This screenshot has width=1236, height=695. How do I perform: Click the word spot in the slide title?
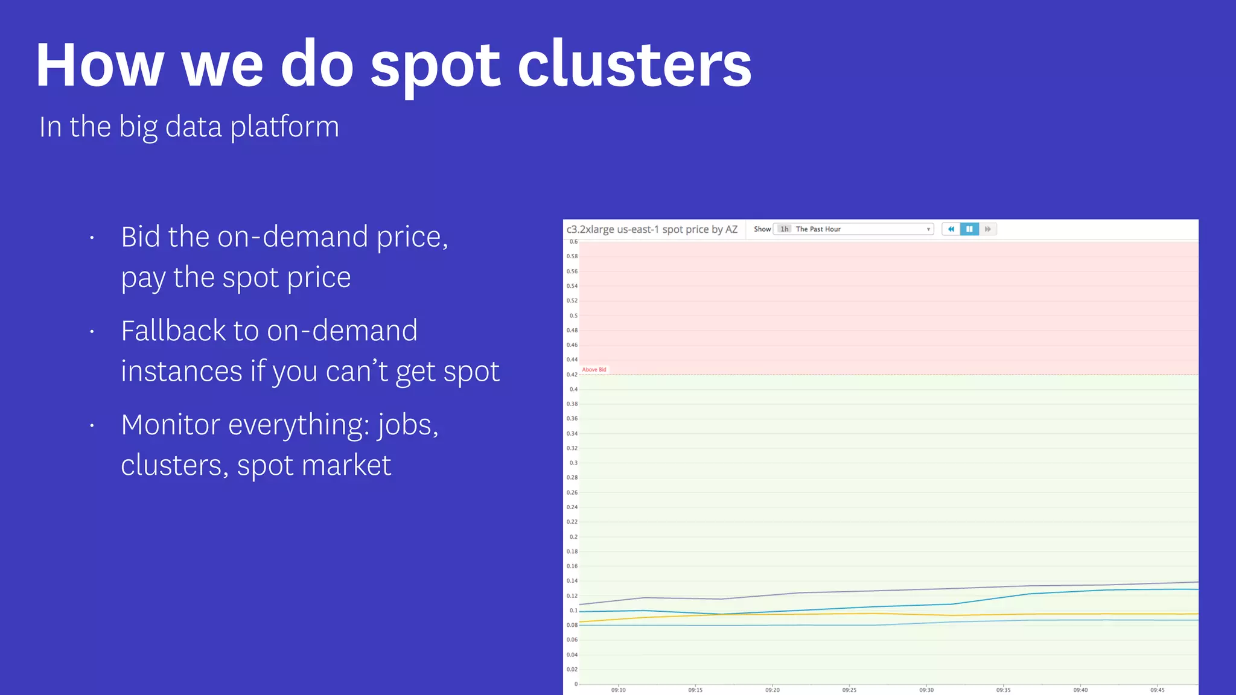click(435, 66)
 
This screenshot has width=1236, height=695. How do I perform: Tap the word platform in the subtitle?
click(284, 127)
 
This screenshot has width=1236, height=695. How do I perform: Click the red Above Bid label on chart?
click(594, 370)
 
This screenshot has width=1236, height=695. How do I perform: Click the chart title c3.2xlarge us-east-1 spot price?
click(652, 229)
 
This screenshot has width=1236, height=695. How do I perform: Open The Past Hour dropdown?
click(853, 229)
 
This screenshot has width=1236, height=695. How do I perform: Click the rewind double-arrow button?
click(951, 229)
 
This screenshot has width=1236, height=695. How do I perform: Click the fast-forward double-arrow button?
click(987, 229)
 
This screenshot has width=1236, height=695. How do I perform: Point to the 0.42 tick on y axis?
click(572, 375)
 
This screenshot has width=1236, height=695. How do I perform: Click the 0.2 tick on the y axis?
click(573, 537)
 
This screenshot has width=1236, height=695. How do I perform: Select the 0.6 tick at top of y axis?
click(573, 242)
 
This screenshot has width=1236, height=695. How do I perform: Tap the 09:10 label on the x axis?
click(618, 690)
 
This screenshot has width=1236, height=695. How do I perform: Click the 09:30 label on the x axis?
click(926, 690)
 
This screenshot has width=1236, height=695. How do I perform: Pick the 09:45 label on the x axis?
click(1157, 690)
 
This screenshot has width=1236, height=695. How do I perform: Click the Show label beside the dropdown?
click(762, 229)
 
